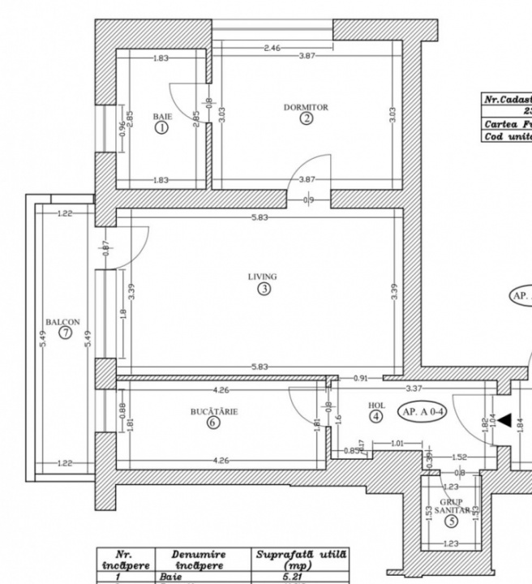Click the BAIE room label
click(x=162, y=117)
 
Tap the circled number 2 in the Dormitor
click(x=306, y=118)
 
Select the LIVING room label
click(x=263, y=277)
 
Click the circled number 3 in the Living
click(x=263, y=289)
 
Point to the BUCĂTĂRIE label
click(x=213, y=411)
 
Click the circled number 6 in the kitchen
click(x=213, y=423)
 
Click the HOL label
click(x=375, y=405)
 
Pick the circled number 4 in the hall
click(x=375, y=417)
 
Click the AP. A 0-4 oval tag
click(x=420, y=411)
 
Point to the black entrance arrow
click(x=504, y=420)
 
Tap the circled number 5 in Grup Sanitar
click(x=450, y=522)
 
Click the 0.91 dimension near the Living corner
click(x=360, y=378)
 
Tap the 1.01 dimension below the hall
click(x=397, y=444)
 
